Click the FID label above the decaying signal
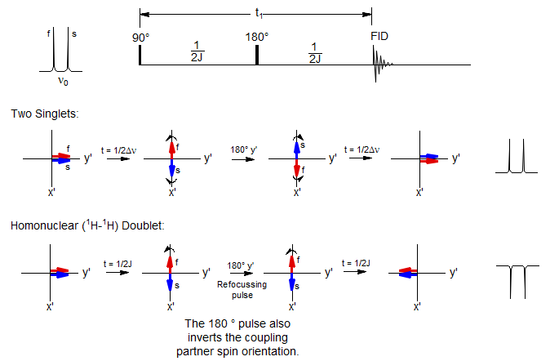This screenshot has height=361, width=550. coord(380,37)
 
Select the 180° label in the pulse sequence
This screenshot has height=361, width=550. coord(257,37)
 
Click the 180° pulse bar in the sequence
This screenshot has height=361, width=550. coord(256,55)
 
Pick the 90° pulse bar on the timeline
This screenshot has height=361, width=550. coord(140,55)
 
